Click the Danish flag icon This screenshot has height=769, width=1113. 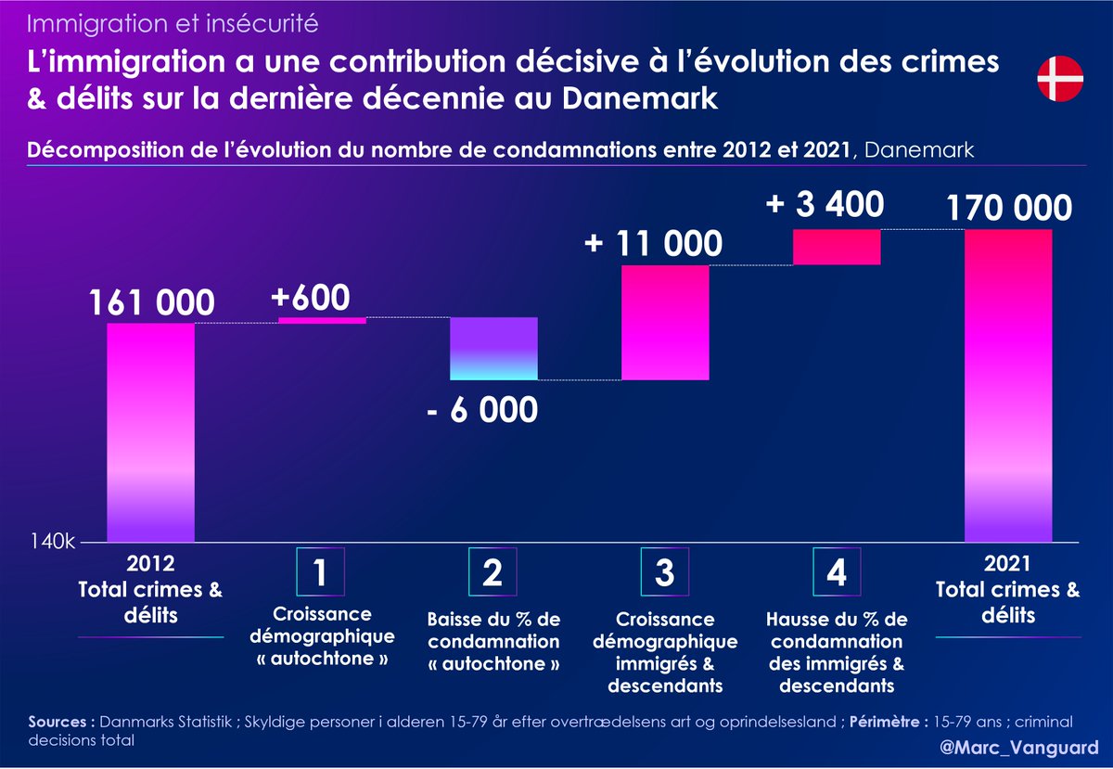click(1057, 80)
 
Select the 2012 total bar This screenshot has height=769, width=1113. click(151, 431)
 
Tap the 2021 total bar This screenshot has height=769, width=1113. click(1008, 385)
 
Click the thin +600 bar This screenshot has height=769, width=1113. click(323, 320)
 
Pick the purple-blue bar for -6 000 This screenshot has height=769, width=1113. click(493, 349)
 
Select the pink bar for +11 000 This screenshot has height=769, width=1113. click(665, 323)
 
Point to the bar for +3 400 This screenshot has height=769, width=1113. click(837, 247)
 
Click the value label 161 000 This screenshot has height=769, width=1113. click(152, 302)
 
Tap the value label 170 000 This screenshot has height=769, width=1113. click(1009, 209)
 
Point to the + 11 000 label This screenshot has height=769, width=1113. click(653, 244)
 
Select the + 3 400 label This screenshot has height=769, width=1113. click(825, 204)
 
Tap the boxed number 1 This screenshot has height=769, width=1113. click(320, 572)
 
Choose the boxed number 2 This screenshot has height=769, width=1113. click(493, 572)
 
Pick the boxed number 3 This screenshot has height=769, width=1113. click(665, 572)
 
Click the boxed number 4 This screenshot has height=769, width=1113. click(837, 572)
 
